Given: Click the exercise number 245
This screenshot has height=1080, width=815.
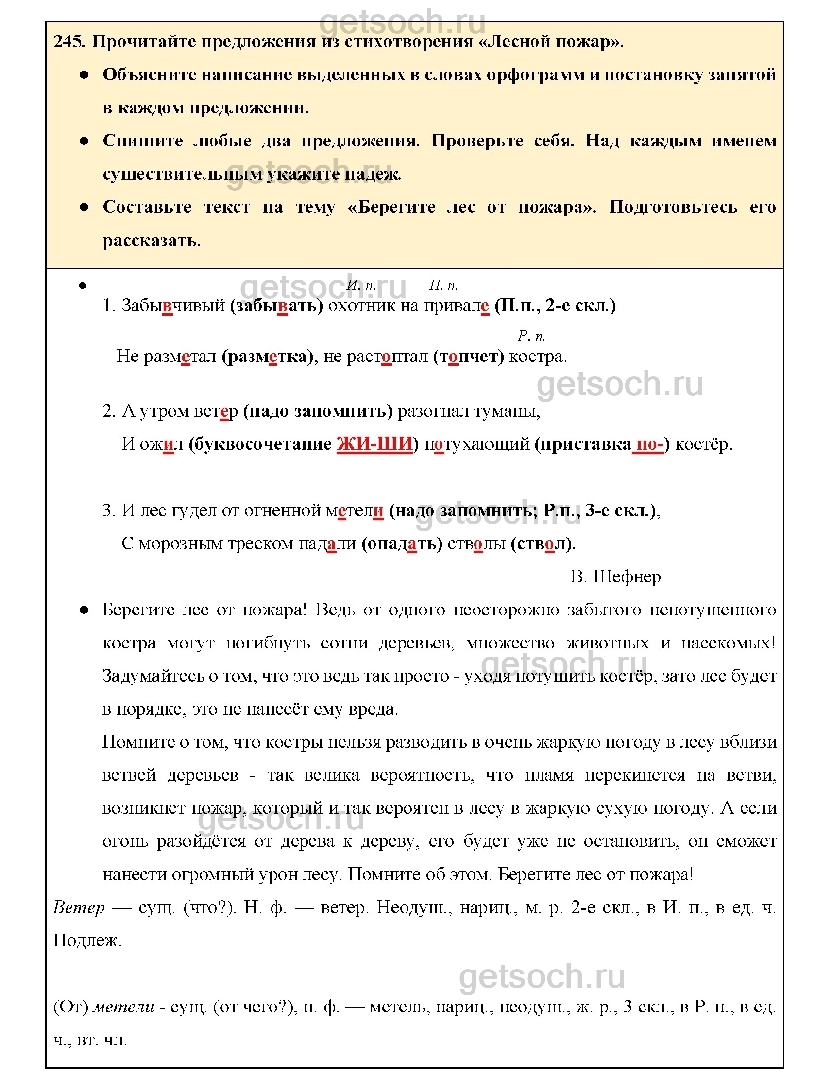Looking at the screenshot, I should point(69,42).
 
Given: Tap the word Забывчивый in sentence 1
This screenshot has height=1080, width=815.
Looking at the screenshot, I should point(173,306).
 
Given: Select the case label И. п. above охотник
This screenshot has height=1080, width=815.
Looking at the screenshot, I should point(361,285).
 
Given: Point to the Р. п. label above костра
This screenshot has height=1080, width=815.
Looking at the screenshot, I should point(531,336).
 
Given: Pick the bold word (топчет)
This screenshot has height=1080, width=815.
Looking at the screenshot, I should point(469,356).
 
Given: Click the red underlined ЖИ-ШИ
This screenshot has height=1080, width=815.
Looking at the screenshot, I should point(374,444).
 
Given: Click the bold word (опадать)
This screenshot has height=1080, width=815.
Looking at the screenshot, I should point(402,543).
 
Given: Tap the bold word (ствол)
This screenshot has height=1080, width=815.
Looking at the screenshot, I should point(543,543).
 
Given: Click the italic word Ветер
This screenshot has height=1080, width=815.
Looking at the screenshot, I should point(79,907).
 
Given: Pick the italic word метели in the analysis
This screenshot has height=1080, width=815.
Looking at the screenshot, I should point(124,1007).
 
